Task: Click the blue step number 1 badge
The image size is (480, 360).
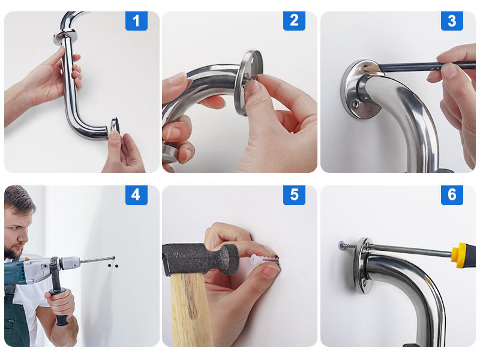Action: point(136,21)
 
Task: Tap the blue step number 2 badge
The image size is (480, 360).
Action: point(294,21)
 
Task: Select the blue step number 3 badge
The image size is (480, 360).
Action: point(452,21)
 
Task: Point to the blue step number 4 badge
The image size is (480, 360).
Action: point(136,195)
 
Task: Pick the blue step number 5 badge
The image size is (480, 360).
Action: point(294,195)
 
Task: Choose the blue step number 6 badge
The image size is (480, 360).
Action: point(452,195)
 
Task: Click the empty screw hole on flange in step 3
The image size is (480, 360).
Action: point(359,103)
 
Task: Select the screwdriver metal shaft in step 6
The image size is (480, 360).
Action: point(408,250)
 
